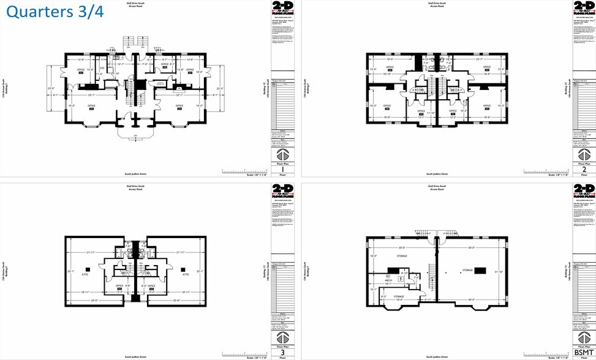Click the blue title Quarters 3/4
56,12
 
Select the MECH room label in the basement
388,280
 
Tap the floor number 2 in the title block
583,170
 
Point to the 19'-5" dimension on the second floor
389,59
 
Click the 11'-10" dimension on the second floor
431,113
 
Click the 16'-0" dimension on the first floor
199,72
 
